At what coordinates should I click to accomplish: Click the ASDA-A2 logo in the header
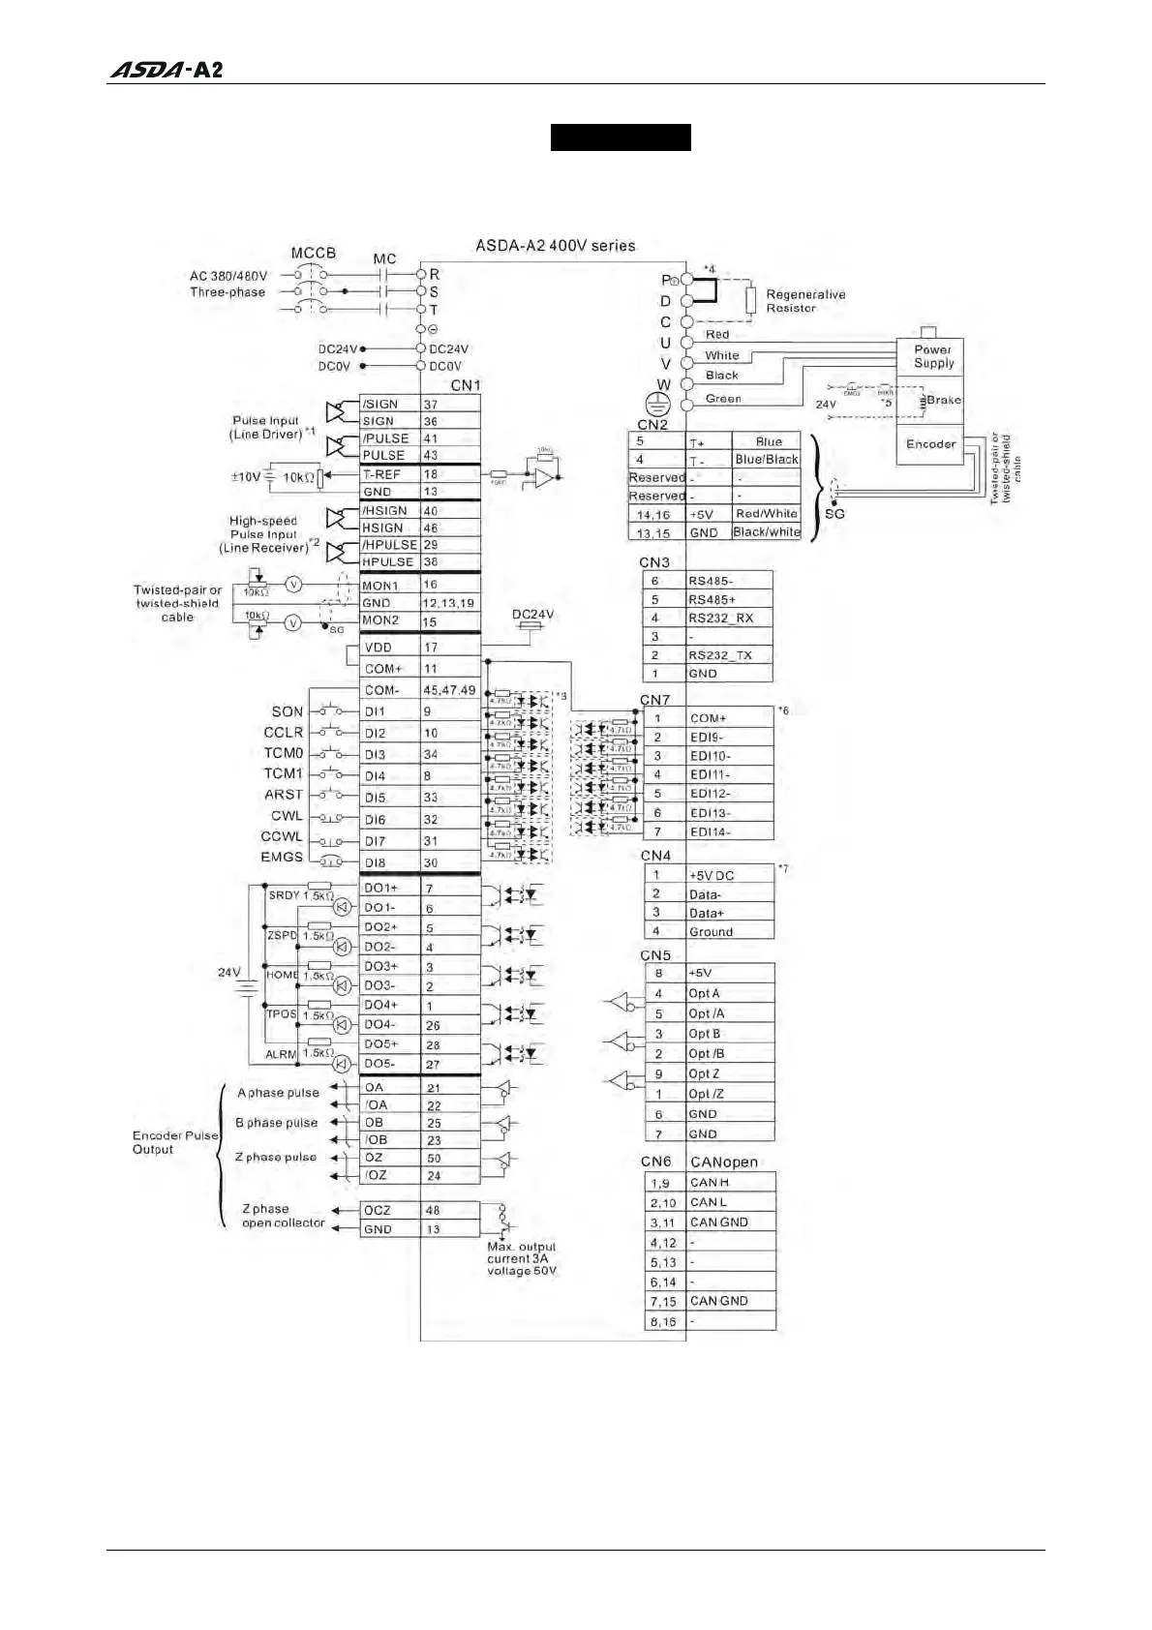point(166,70)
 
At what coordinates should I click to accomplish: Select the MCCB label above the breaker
point(313,253)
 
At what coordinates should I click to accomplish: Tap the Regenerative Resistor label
point(804,301)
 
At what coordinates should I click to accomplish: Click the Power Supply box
point(932,356)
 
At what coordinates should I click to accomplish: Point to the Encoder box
point(929,444)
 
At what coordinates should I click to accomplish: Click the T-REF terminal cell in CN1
point(388,474)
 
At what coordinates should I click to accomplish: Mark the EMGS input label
point(282,858)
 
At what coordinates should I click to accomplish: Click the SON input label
point(288,711)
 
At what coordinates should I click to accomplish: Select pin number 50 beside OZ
point(433,1158)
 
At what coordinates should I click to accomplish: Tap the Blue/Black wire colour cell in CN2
point(766,460)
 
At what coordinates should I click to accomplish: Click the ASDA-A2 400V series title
point(555,246)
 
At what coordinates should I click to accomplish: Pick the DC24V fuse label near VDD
point(532,615)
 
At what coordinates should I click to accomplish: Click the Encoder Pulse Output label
point(174,1142)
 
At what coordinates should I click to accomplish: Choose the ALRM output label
point(281,1054)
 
